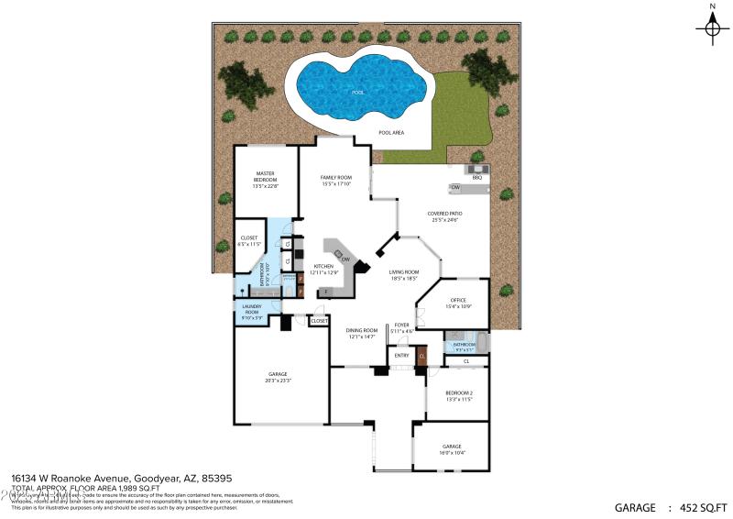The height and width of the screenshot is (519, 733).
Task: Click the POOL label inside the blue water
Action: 357,92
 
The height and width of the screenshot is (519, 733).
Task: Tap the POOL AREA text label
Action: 392,132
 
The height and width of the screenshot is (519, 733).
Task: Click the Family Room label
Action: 336,180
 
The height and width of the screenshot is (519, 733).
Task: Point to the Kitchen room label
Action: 324,269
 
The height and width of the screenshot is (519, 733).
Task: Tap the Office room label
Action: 458,303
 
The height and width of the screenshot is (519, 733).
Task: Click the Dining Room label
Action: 362,334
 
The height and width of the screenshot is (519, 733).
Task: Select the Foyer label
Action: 401,326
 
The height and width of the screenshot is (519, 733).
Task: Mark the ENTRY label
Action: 401,355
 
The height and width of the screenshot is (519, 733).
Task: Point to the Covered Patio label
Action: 443,216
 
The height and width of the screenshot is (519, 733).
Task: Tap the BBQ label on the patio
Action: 476,177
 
